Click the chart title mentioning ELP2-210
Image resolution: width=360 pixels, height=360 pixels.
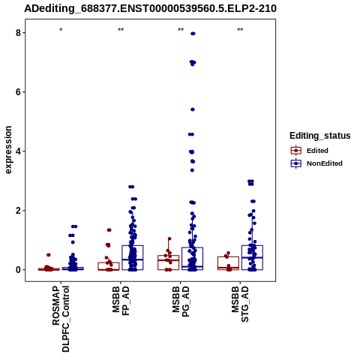(150, 9)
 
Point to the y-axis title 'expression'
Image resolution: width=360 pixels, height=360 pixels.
(8, 150)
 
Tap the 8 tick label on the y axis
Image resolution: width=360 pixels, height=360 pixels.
(18, 33)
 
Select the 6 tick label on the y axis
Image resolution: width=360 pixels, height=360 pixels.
(18, 92)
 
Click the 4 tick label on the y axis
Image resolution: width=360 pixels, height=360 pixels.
(18, 151)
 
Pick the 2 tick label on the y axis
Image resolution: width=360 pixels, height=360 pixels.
(18, 211)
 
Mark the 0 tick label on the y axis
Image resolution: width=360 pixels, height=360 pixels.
(18, 270)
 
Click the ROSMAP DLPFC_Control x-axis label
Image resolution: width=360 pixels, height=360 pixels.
(61, 319)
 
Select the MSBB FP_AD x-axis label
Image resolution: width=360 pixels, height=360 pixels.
(121, 301)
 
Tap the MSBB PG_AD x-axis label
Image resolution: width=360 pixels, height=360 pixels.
(181, 301)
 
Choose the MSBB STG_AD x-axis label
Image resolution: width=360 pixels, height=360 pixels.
(240, 304)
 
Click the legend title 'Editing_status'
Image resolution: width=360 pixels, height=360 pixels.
(320, 136)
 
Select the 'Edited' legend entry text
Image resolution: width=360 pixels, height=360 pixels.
(317, 151)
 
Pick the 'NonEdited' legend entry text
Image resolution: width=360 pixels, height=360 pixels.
(325, 163)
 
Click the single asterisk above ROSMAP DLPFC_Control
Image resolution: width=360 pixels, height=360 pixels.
(61, 30)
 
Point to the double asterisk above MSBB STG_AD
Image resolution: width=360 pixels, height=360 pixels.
(240, 30)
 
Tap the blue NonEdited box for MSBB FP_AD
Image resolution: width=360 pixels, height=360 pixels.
(133, 246)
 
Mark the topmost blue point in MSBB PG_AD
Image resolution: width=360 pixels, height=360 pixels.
(193, 34)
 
